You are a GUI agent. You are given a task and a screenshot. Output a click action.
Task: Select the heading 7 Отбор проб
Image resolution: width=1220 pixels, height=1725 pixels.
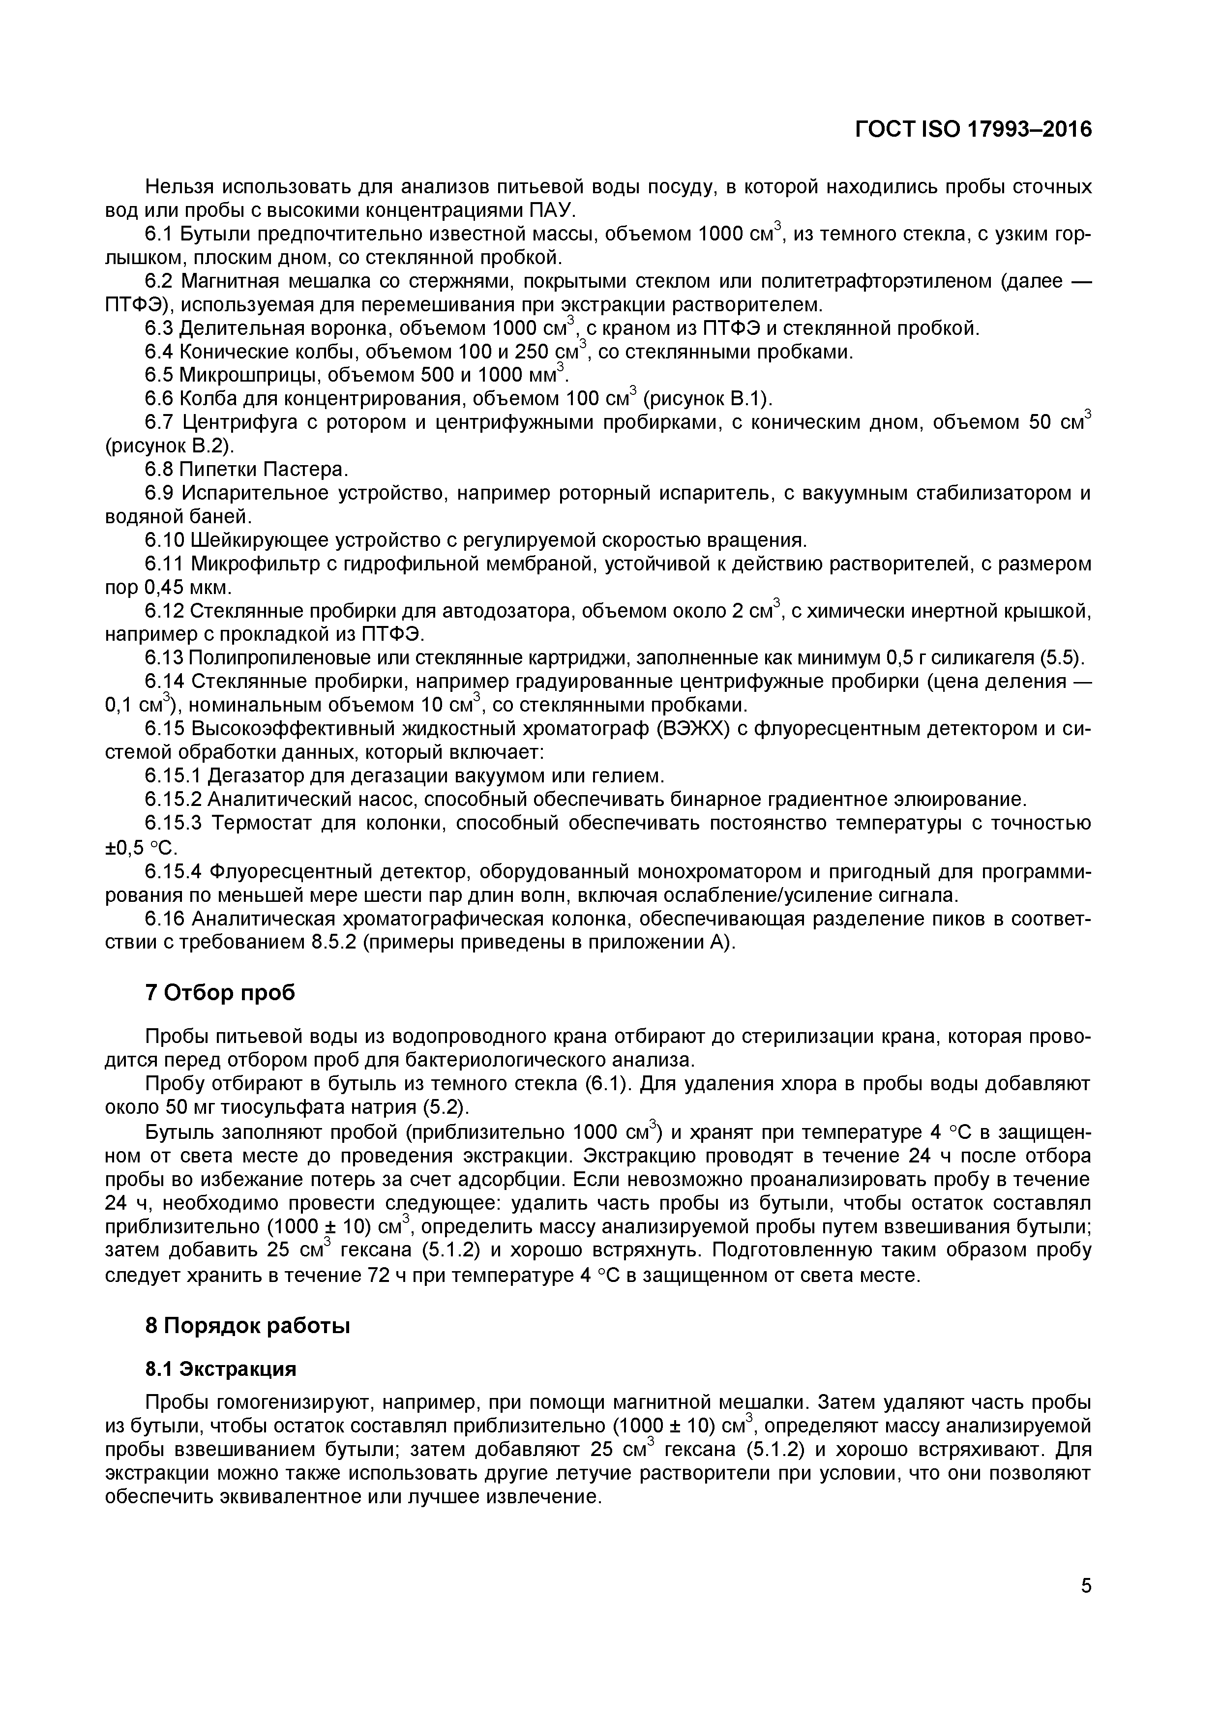(219, 992)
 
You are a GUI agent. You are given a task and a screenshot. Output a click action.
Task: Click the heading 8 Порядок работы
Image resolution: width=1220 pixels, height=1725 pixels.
(248, 1326)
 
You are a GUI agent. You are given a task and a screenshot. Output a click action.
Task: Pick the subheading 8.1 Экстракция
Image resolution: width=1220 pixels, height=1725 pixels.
(220, 1369)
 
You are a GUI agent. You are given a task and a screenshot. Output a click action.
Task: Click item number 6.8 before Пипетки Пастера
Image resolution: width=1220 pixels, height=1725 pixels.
(159, 470)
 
